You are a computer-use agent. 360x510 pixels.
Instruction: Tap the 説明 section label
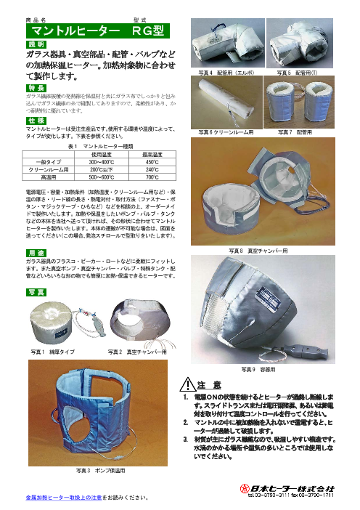[35, 45]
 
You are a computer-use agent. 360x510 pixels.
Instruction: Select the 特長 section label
[35, 87]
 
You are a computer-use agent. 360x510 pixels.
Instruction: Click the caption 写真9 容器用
[258, 370]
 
